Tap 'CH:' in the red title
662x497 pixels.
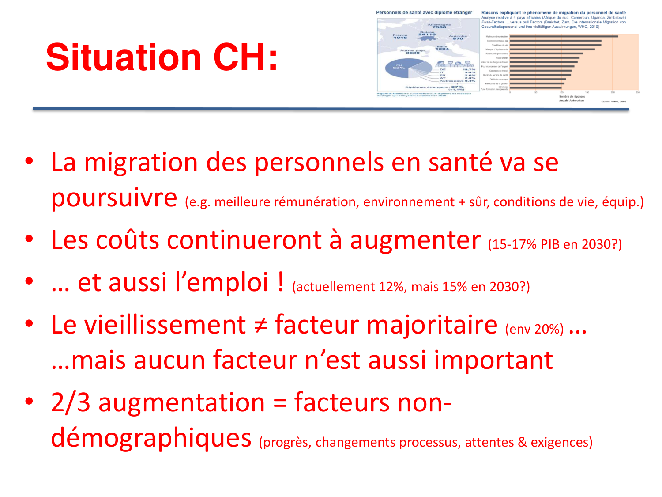[x=245, y=57]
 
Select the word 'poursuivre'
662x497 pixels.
[x=114, y=197]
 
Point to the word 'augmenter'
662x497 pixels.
[x=415, y=240]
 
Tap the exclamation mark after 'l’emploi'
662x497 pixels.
[x=281, y=282]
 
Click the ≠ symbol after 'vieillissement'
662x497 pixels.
[x=260, y=326]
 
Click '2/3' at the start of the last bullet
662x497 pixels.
[x=71, y=402]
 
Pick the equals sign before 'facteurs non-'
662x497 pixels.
[x=280, y=403]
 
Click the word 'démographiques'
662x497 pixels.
[x=151, y=438]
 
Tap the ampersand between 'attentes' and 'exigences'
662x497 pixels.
[x=522, y=442]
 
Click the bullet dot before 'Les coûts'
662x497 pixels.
[x=29, y=239]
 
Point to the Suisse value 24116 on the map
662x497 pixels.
[x=427, y=34]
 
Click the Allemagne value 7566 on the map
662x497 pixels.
[x=439, y=27]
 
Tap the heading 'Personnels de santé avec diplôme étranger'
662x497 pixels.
[x=424, y=13]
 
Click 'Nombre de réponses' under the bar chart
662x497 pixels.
[x=572, y=96]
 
